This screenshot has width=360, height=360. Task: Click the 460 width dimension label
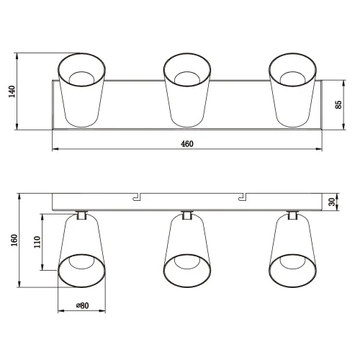click(x=186, y=144)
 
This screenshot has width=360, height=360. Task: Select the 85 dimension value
click(x=338, y=104)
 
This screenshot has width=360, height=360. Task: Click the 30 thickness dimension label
click(x=332, y=202)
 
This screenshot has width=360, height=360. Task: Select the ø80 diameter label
click(x=81, y=306)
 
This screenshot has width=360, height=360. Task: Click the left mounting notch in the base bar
click(x=136, y=196)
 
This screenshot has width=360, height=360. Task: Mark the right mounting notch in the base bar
click(x=243, y=196)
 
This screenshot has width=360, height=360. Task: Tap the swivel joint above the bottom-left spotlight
click(x=81, y=214)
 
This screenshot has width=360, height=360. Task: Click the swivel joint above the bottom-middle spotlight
click(x=187, y=214)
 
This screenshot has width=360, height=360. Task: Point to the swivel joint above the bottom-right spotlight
click(x=293, y=214)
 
